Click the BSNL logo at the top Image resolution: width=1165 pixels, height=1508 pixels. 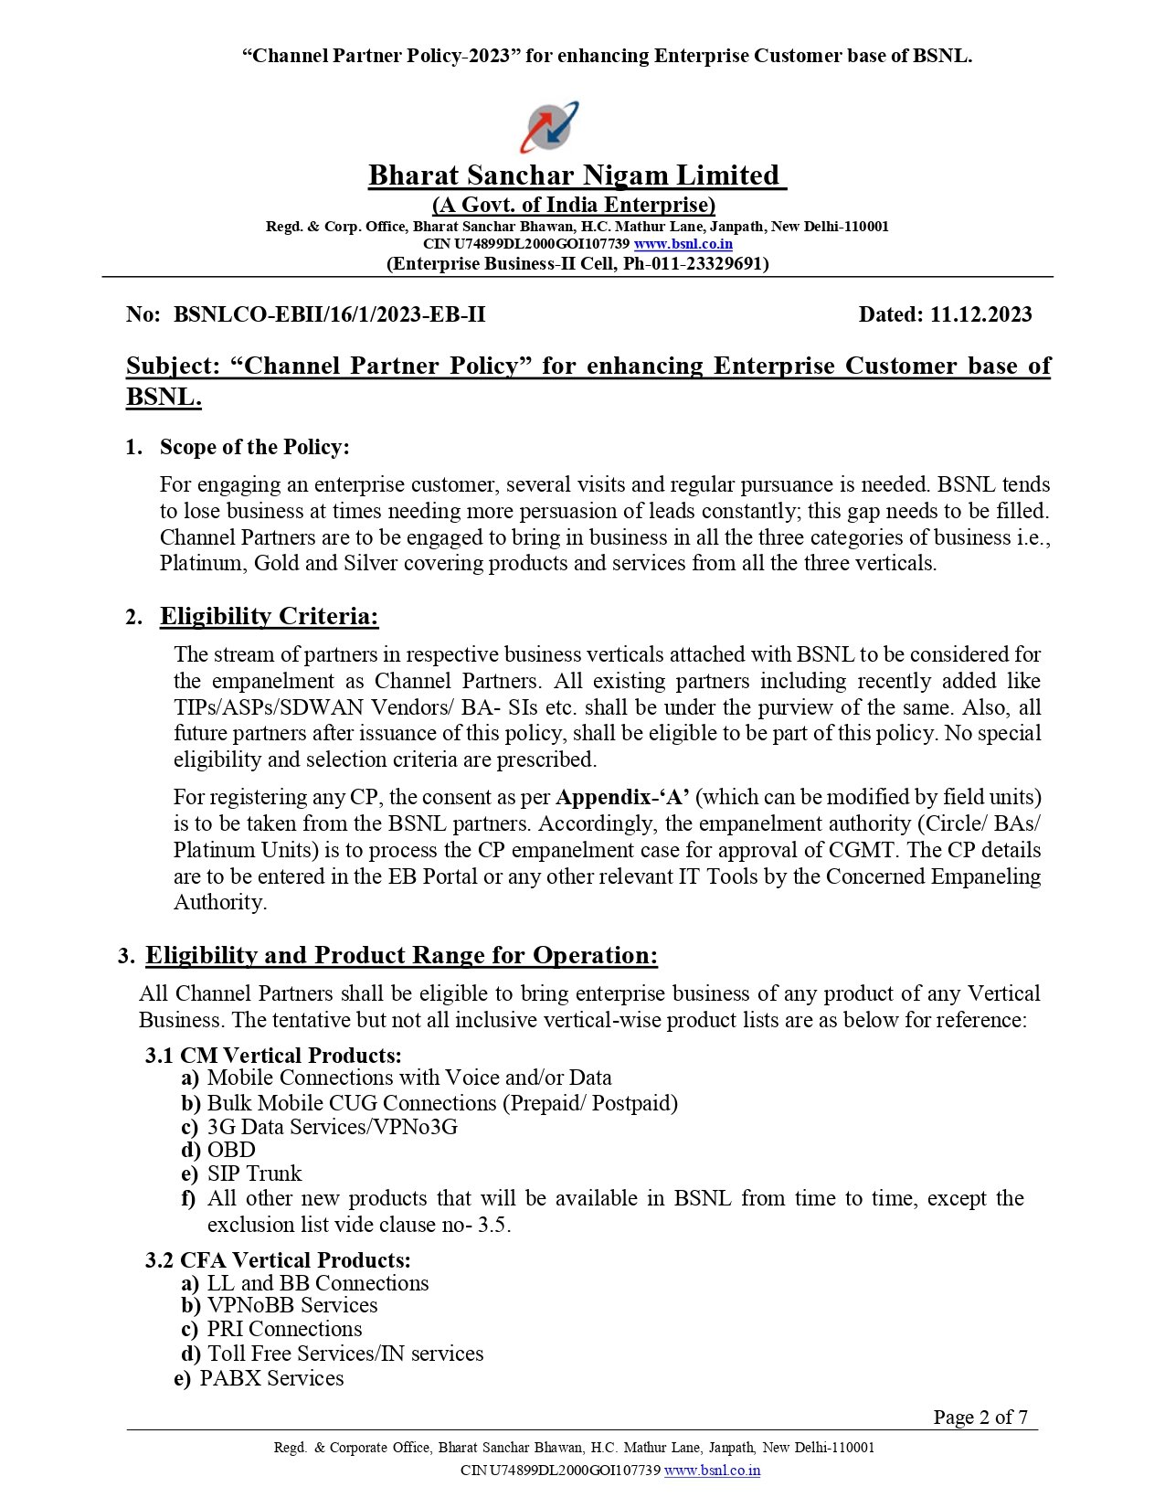point(549,126)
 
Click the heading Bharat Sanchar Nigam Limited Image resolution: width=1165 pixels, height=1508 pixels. point(576,175)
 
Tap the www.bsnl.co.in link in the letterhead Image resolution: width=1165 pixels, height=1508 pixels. point(683,244)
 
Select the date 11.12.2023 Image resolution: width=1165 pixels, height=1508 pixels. point(980,314)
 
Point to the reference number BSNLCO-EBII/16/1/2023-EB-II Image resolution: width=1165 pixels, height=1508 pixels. point(330,314)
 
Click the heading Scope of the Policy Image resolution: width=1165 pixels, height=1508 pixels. point(254,447)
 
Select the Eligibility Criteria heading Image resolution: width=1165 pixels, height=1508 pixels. point(269,617)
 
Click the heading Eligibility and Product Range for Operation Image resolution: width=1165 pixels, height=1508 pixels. point(401,956)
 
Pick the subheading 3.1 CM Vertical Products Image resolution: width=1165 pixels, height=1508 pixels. point(273,1056)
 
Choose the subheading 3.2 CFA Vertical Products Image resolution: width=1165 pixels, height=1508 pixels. point(278,1260)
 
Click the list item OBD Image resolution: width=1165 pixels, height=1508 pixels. point(231,1150)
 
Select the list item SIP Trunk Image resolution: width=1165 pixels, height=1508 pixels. point(254,1173)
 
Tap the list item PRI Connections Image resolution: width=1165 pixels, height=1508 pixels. point(284,1329)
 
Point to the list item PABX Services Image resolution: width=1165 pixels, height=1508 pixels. point(271,1378)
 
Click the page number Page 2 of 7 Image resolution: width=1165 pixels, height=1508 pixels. point(980,1418)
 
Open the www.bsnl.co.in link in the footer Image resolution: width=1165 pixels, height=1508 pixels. point(712,1471)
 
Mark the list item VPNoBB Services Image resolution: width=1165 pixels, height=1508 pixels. point(292,1305)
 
